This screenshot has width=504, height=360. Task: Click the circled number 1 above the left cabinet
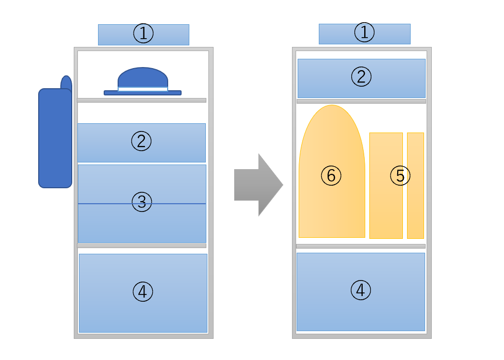click(x=143, y=33)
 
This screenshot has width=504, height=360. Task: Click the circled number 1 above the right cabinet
click(x=364, y=32)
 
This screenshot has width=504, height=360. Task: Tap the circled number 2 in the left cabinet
click(x=141, y=141)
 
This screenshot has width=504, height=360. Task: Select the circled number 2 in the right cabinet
click(x=361, y=76)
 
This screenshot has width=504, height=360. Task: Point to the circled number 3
click(x=142, y=202)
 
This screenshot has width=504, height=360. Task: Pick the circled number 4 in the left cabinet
click(x=143, y=291)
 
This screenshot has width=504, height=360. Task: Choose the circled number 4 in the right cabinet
click(x=361, y=290)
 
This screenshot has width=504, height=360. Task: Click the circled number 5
click(x=400, y=175)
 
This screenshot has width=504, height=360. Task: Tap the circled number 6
click(x=331, y=175)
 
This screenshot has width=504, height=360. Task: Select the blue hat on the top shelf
click(x=143, y=81)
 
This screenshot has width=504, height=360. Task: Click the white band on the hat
click(x=143, y=89)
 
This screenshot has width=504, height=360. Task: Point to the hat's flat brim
click(x=143, y=93)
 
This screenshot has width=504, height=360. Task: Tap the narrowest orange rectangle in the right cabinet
click(x=415, y=186)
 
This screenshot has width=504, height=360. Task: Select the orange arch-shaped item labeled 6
click(x=332, y=171)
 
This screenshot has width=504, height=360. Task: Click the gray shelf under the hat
click(x=142, y=100)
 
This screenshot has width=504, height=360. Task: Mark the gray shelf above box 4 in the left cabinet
click(x=142, y=246)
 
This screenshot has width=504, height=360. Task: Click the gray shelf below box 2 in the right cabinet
click(x=361, y=101)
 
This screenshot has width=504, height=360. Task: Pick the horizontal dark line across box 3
click(x=142, y=204)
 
